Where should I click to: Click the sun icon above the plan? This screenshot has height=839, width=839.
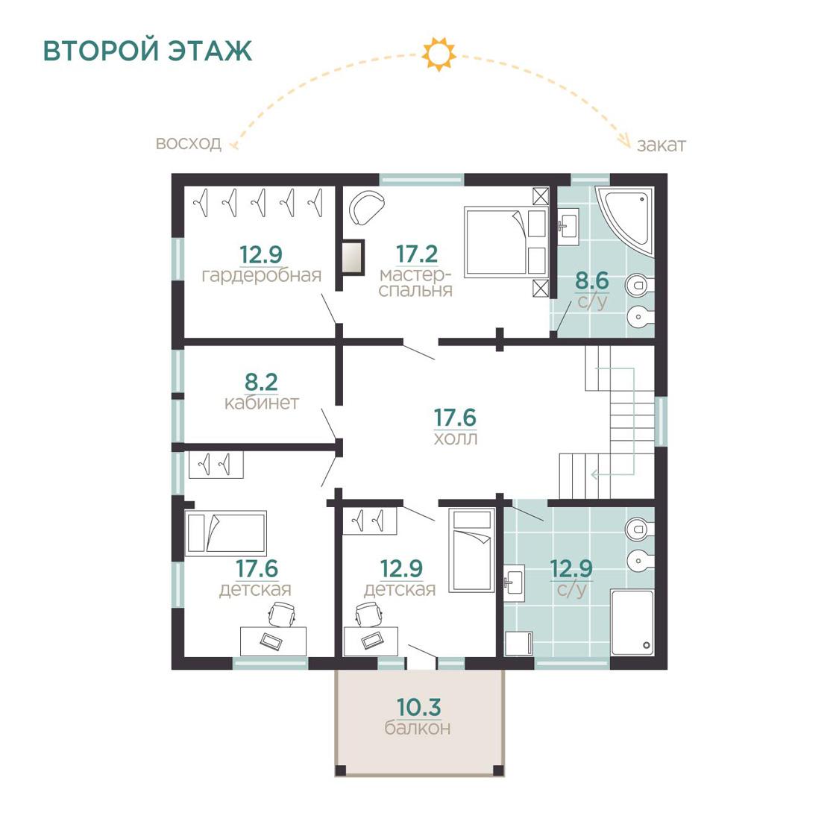(x=439, y=54)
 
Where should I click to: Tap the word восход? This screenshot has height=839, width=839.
(x=189, y=143)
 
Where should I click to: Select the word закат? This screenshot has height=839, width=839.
(x=661, y=145)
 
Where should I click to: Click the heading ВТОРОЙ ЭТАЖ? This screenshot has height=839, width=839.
(x=147, y=51)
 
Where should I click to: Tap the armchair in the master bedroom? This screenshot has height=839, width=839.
(x=366, y=207)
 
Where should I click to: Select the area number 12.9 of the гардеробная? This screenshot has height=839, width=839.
(x=260, y=255)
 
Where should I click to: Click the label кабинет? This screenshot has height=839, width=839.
(x=261, y=403)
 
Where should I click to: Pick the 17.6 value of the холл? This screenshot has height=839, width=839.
(x=455, y=418)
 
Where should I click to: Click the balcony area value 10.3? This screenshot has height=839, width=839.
(x=419, y=708)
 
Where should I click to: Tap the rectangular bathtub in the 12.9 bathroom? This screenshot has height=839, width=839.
(x=632, y=622)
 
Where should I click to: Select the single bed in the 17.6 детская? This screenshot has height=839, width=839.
(x=225, y=533)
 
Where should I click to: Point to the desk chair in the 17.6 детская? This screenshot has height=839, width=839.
(x=281, y=613)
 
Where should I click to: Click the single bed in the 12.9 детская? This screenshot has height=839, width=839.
(x=471, y=550)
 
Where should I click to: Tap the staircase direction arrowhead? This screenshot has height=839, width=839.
(x=594, y=474)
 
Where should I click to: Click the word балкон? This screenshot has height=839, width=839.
(x=418, y=728)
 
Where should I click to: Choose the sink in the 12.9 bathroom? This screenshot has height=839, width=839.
(x=514, y=582)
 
